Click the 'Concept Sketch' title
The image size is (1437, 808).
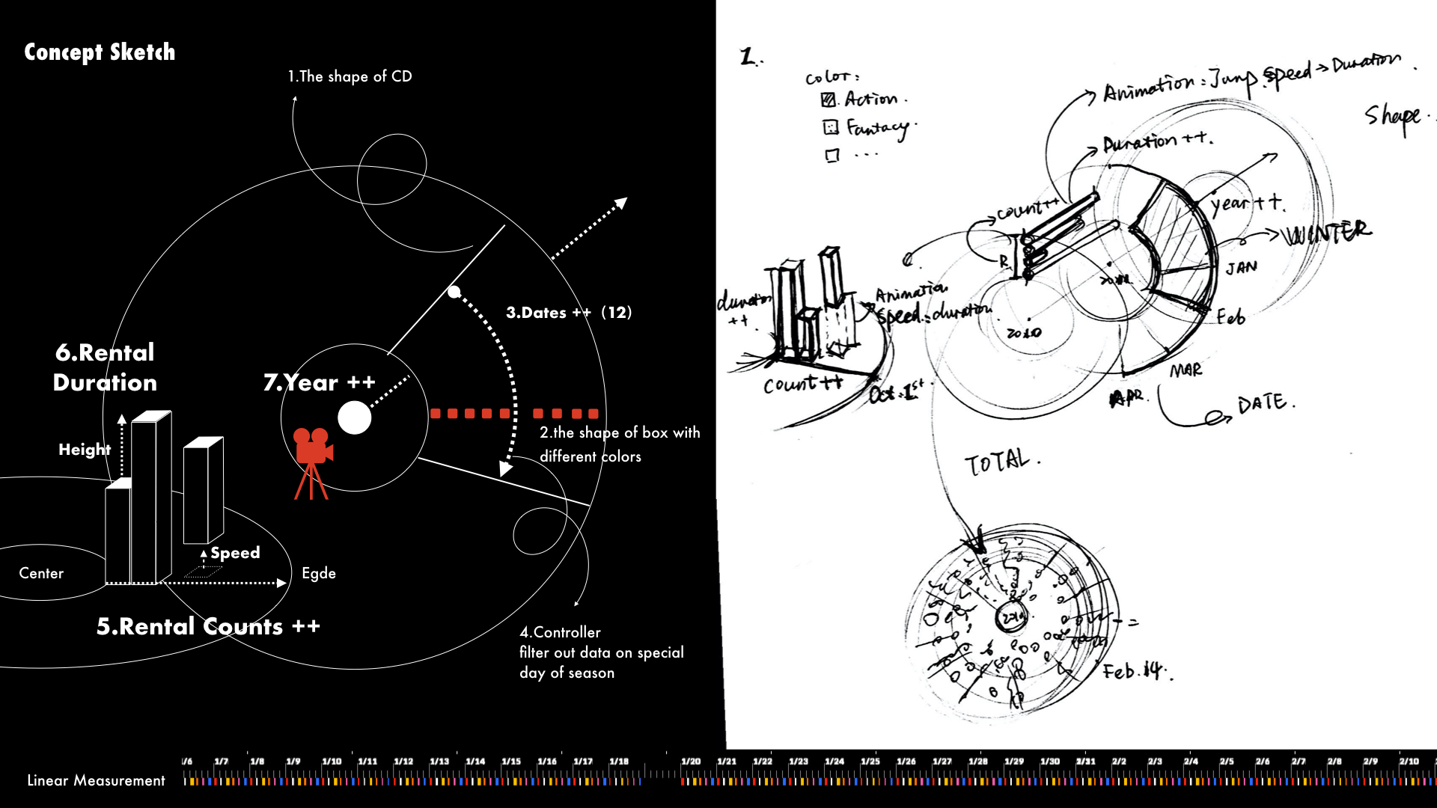coord(100,52)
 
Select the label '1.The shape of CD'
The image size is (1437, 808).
coord(350,76)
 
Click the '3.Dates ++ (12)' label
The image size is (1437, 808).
coord(569,313)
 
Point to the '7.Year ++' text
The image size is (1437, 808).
coord(320,382)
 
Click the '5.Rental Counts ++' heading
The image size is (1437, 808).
coord(208,626)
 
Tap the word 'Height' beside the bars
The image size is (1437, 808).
coord(84,450)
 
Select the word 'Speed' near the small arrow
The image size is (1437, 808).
coord(235,553)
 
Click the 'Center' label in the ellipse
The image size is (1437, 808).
coord(41,573)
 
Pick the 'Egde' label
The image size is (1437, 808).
coord(319,573)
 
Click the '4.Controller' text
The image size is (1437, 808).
coord(560,632)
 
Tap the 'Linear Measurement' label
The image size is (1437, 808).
coord(96,780)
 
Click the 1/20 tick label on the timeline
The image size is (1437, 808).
coord(691,762)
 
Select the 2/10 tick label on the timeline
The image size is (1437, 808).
coord(1409,762)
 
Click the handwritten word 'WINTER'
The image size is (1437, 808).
coord(1327,233)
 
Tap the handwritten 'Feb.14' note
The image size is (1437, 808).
coord(1134,670)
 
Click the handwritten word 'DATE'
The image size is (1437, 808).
coord(1263,404)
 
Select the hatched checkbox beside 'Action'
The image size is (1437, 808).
coord(829,100)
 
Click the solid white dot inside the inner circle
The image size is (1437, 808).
coord(354,418)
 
